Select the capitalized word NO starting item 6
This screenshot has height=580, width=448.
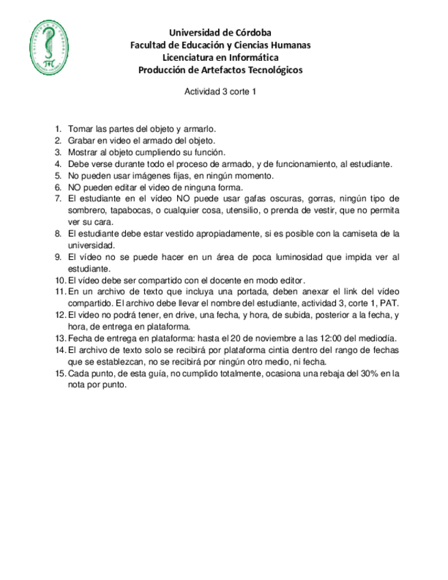(75, 187)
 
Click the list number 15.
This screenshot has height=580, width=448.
(59, 373)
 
